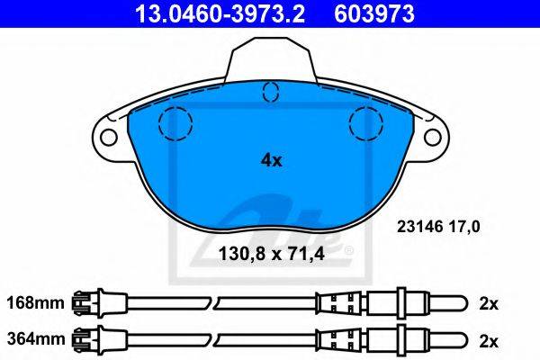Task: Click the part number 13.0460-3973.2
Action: [x=220, y=13]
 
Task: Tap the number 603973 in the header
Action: [x=374, y=13]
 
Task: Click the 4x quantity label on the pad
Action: [x=272, y=160]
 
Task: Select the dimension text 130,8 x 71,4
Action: [x=272, y=254]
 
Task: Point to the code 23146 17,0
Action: [x=438, y=227]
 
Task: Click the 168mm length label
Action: [x=36, y=303]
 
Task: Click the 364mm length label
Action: [x=36, y=339]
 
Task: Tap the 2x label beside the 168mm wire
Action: [x=489, y=304]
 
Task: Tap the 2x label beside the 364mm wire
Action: [x=489, y=341]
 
